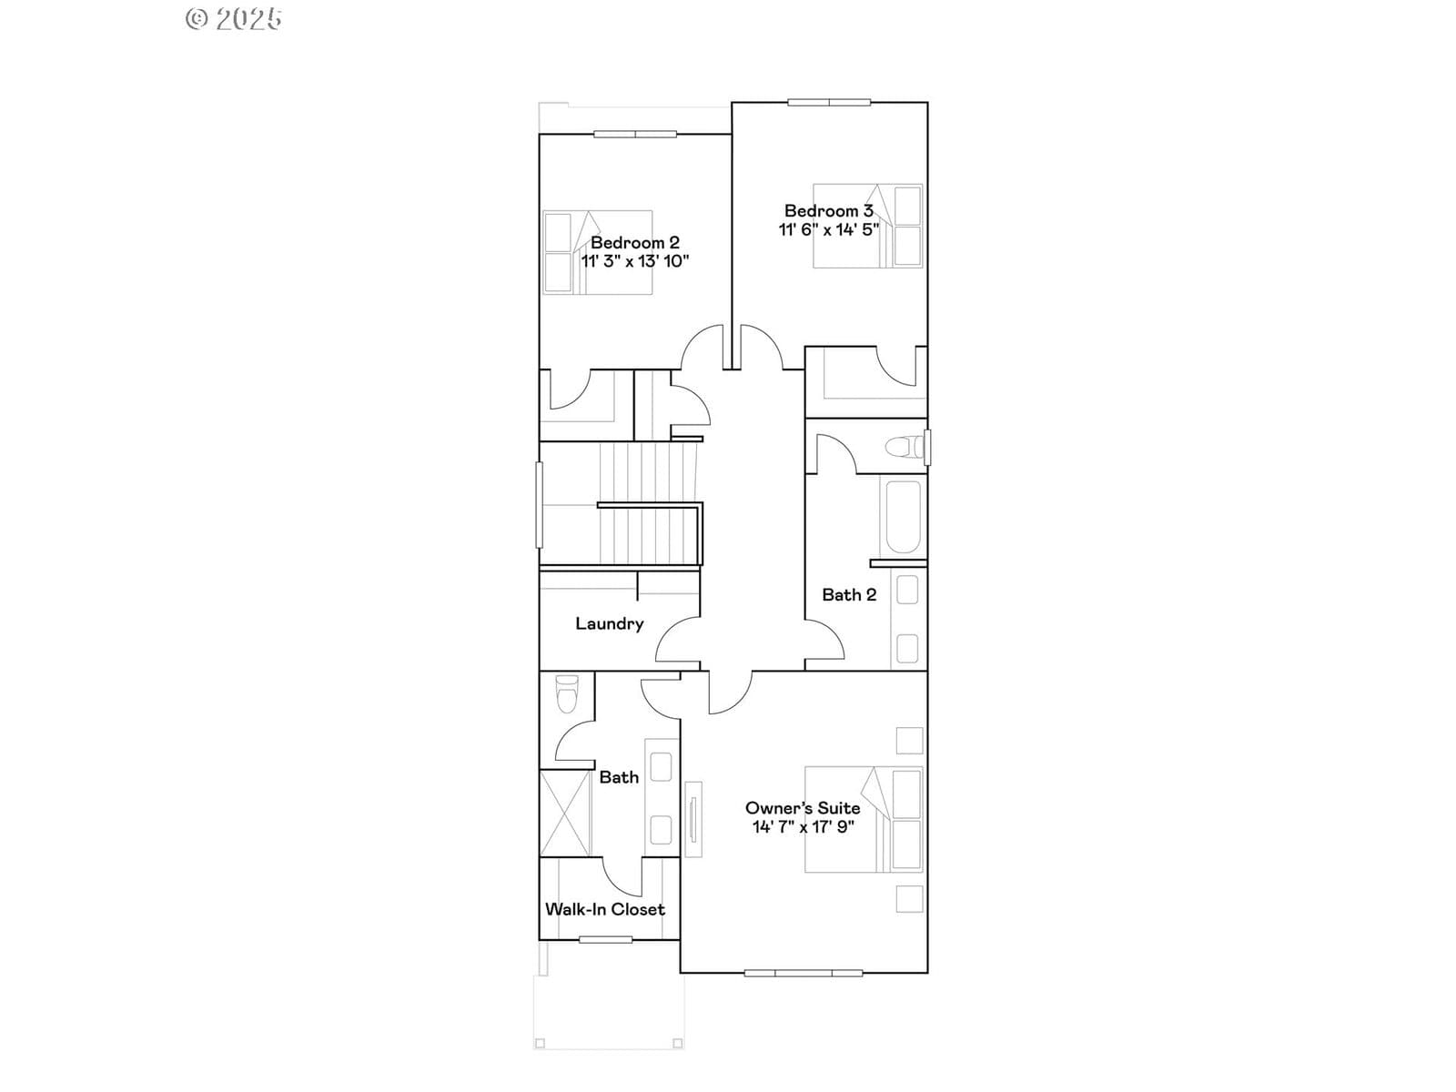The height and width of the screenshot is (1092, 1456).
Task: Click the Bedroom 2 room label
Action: coord(635,242)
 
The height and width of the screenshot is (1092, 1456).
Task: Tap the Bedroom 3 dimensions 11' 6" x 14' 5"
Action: coord(828,229)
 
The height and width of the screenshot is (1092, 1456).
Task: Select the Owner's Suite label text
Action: coord(803,808)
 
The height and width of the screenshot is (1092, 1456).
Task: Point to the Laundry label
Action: coord(609,624)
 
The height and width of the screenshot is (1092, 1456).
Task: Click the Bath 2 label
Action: coord(849,595)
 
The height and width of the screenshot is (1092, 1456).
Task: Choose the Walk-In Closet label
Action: coord(605,909)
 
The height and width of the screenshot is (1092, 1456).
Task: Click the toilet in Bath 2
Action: coord(905,446)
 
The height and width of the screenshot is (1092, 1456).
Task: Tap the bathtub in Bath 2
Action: coord(903,517)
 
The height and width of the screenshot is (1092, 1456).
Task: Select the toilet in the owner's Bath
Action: coord(567,693)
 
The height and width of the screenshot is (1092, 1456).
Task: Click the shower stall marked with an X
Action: coord(565,813)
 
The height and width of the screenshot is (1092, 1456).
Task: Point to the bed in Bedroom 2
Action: coord(598,253)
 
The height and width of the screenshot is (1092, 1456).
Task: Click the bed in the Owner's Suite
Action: coord(864,820)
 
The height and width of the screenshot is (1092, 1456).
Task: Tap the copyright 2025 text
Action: coord(234,19)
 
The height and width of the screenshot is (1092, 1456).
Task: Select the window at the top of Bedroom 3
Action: coord(829,102)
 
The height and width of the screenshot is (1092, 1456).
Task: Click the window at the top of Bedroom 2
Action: coord(635,134)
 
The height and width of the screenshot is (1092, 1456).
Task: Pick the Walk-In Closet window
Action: coord(606,939)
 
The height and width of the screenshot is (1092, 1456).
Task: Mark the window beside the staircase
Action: coord(540,505)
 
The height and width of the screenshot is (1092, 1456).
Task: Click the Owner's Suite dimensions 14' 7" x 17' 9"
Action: coord(804,827)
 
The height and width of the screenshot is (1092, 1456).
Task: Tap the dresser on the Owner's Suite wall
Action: coord(693,820)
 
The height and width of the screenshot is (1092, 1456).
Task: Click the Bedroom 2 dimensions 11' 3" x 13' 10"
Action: coord(635,260)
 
